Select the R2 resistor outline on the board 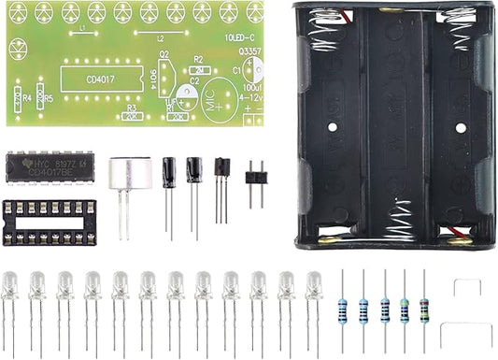pos(198,69)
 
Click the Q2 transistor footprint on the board pos(164,75)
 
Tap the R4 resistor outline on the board pos(18,96)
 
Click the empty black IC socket pos(49,222)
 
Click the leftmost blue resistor pos(342,308)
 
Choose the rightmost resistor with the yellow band pos(424,308)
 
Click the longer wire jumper pos(466,326)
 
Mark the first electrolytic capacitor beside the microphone pos(168,172)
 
